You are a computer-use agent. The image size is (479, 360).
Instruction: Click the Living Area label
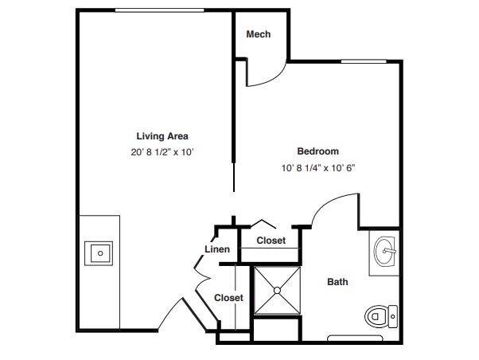point(162,136)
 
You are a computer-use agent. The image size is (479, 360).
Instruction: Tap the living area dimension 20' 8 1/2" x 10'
point(162,152)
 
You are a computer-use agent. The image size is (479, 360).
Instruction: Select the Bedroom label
point(318,151)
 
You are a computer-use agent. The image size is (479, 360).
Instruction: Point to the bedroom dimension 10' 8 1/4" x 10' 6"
point(318,168)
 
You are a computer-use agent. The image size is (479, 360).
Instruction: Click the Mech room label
point(259,34)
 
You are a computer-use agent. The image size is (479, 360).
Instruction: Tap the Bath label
point(337,282)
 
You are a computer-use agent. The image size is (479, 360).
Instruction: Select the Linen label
point(217,249)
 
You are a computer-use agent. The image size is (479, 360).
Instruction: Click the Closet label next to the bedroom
point(271,241)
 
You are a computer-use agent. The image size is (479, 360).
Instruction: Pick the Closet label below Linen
point(228,298)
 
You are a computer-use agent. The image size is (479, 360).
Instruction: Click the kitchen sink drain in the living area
point(100,253)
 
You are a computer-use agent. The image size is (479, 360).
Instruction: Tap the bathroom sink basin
point(385,251)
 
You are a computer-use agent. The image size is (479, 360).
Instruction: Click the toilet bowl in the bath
point(376,316)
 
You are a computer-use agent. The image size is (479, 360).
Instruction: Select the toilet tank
point(393,316)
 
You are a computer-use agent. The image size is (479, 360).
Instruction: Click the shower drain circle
point(277,290)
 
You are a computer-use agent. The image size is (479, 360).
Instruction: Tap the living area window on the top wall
point(159,10)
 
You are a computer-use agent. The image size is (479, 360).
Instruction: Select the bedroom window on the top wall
point(364,61)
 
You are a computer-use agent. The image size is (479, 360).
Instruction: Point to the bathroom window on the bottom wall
point(355,338)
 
